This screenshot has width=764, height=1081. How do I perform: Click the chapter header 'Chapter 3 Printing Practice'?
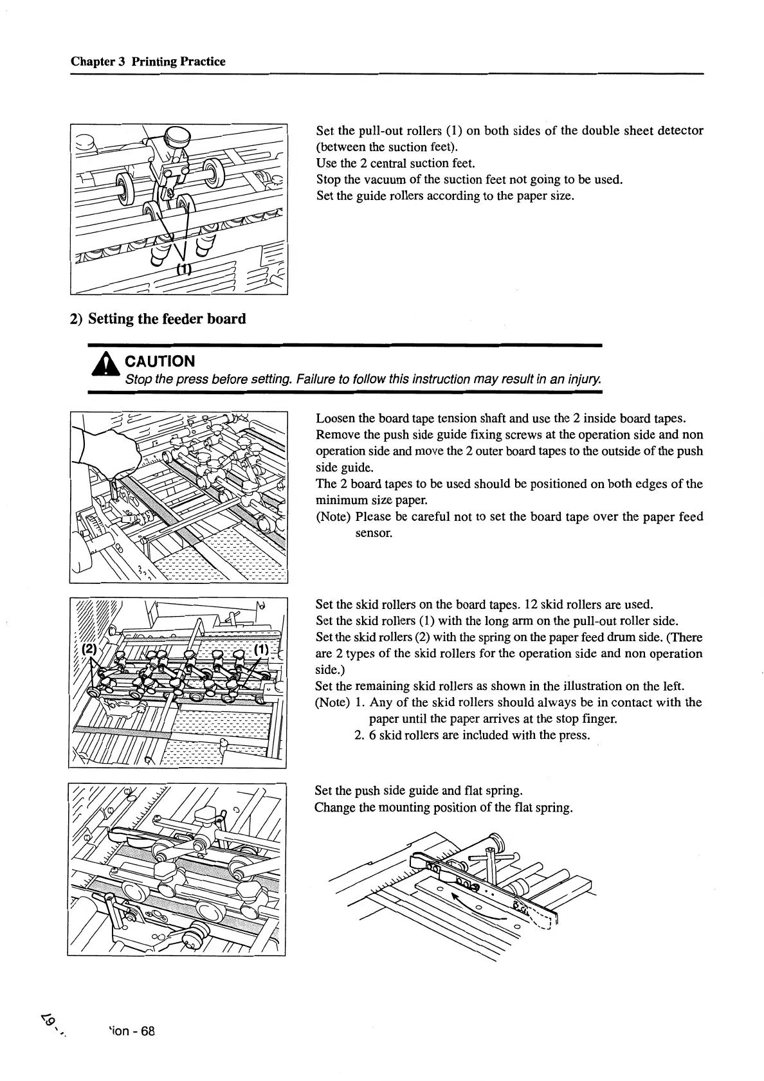(x=148, y=62)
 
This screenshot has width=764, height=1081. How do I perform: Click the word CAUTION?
(x=159, y=361)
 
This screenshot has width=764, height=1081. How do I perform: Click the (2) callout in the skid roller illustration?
(x=88, y=649)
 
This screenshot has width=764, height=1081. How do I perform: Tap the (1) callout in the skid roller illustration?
(x=260, y=650)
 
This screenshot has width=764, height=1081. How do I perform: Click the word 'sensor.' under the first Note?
(x=373, y=533)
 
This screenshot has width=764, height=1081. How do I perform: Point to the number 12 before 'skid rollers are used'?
(x=531, y=604)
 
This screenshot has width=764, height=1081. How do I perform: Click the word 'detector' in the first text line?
(x=681, y=131)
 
